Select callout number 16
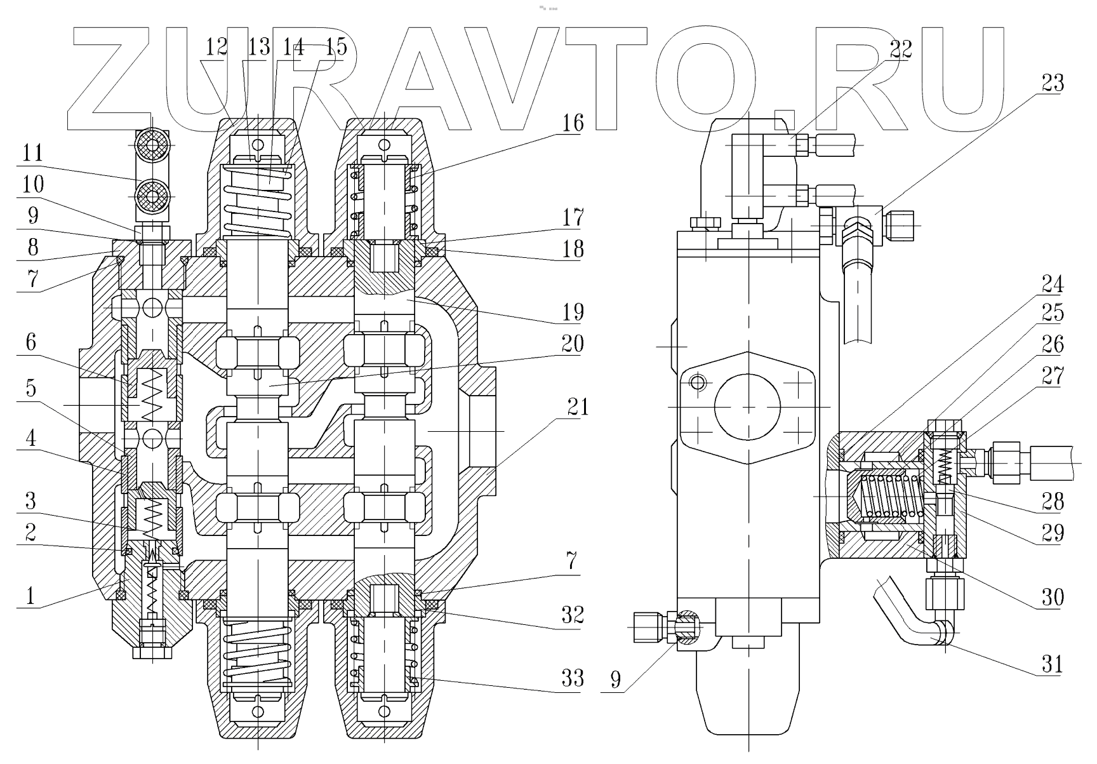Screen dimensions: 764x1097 (x=573, y=122)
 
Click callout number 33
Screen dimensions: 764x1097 (x=573, y=678)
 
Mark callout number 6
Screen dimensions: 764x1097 (x=30, y=343)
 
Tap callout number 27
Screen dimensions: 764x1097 (x=1053, y=377)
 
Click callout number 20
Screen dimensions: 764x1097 (x=573, y=344)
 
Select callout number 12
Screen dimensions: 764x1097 (x=216, y=46)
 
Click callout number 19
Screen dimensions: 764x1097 (x=573, y=312)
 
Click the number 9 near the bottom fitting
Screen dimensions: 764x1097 (x=614, y=680)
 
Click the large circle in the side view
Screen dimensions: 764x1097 (x=748, y=407)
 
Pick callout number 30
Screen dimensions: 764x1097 (x=1053, y=597)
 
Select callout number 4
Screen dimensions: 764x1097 (x=30, y=438)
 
